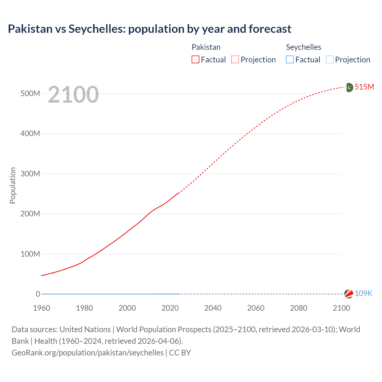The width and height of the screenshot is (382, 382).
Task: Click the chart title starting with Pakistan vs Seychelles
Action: pyautogui.click(x=150, y=29)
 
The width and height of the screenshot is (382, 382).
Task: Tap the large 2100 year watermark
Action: pyautogui.click(x=73, y=95)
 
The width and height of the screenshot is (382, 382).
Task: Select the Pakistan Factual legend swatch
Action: pyautogui.click(x=195, y=60)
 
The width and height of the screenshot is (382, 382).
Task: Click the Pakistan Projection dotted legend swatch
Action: pyautogui.click(x=235, y=60)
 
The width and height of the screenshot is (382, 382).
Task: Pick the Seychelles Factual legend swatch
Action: pyautogui.click(x=290, y=60)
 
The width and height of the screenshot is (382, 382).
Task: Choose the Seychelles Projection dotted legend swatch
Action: pyautogui.click(x=330, y=60)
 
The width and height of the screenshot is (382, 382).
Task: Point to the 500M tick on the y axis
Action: pyautogui.click(x=30, y=93)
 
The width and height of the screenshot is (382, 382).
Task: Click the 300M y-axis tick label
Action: pyautogui.click(x=30, y=174)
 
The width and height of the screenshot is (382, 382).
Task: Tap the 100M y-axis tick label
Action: pyautogui.click(x=30, y=254)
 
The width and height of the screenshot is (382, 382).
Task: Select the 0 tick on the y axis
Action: pyautogui.click(x=38, y=294)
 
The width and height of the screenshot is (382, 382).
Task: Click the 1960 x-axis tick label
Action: pyautogui.click(x=41, y=308)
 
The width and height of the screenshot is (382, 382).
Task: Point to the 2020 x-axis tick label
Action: pyautogui.click(x=170, y=308)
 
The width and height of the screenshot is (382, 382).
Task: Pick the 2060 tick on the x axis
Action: pyautogui.click(x=256, y=308)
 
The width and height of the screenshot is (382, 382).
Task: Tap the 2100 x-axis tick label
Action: pyautogui.click(x=341, y=308)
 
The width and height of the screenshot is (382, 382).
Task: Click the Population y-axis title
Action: pyautogui.click(x=13, y=185)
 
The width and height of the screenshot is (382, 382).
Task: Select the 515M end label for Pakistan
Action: pyautogui.click(x=364, y=87)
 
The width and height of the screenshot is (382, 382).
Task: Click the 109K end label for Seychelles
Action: pyautogui.click(x=363, y=293)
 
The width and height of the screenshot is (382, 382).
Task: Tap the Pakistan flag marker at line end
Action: pyautogui.click(x=349, y=87)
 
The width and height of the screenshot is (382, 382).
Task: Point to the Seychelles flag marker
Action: pyautogui.click(x=349, y=294)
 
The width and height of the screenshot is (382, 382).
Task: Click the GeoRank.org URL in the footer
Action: pyautogui.click(x=87, y=352)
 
